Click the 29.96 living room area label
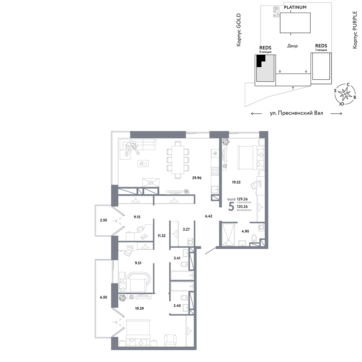pyautogui.click(x=197, y=178)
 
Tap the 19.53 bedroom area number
pyautogui.click(x=236, y=182)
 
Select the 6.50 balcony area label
pyautogui.click(x=104, y=297)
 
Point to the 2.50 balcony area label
pyautogui.click(x=104, y=220)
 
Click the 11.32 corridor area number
pyautogui.click(x=161, y=236)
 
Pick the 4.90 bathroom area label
pyautogui.click(x=245, y=231)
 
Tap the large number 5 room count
pyautogui.click(x=231, y=206)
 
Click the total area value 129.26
pyautogui.click(x=242, y=199)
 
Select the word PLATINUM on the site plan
pyautogui.click(x=295, y=7)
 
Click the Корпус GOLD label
pyautogui.click(x=239, y=30)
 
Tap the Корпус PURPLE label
pyautogui.click(x=355, y=30)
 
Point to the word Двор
pyautogui.click(x=292, y=46)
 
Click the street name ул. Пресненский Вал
pyautogui.click(x=296, y=113)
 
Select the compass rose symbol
pyautogui.click(x=345, y=94)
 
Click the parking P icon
pyautogui.click(x=276, y=9)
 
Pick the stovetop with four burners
pyautogui.click(x=215, y=171)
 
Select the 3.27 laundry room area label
pyautogui.click(x=186, y=229)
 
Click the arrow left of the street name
pyautogui.click(x=256, y=113)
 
